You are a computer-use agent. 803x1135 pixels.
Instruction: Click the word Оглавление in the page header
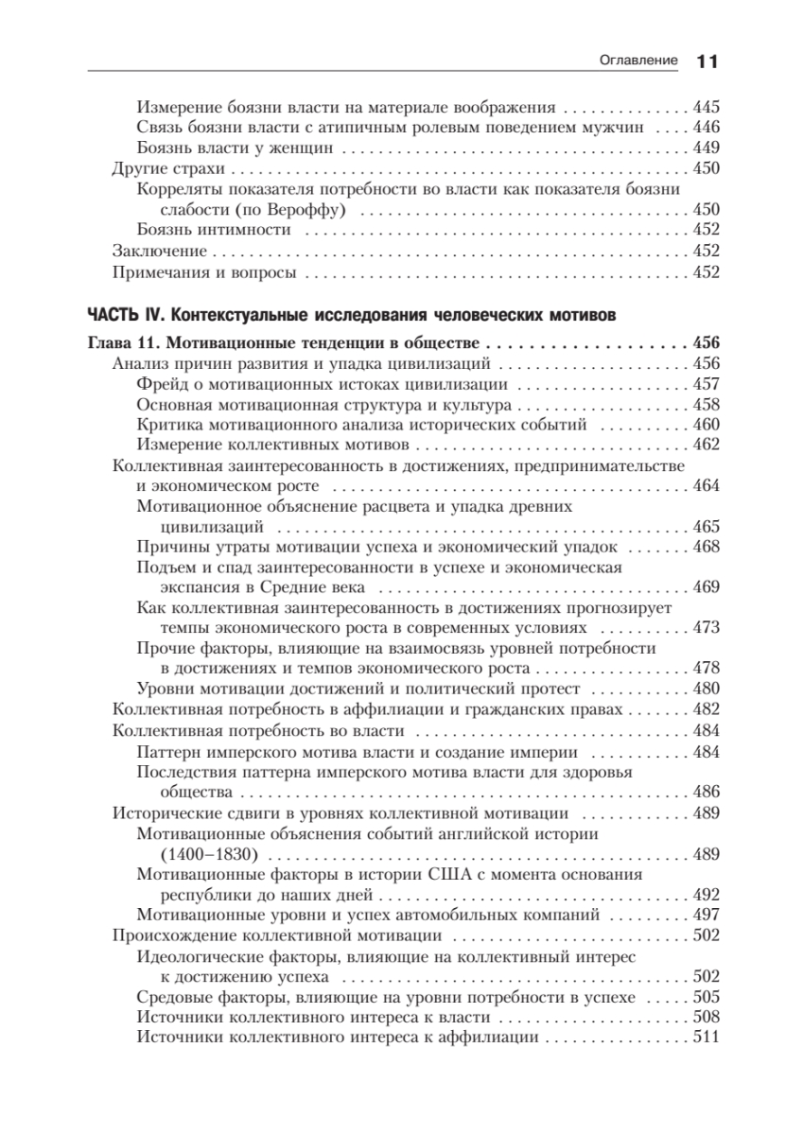point(639,61)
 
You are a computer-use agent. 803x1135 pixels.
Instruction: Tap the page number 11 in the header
point(708,61)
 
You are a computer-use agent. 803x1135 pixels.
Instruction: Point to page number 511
point(707,1038)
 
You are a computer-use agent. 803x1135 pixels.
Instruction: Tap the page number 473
point(707,627)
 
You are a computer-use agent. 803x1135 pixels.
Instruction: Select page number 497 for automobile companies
point(707,915)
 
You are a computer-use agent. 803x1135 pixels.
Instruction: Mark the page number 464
point(707,485)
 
